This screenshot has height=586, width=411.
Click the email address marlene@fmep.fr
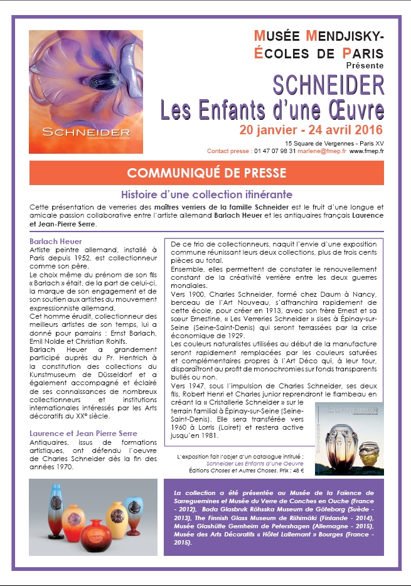click(321, 151)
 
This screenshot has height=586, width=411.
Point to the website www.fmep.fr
click(366, 151)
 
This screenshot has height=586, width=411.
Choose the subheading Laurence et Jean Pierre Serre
click(83, 433)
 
